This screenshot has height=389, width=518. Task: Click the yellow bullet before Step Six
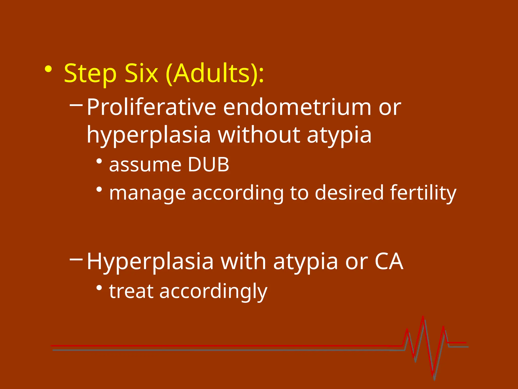click(48, 69)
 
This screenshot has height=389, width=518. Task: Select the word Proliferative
click(151, 107)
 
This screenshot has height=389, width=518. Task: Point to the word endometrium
click(297, 107)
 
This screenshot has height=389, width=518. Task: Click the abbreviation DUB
click(208, 165)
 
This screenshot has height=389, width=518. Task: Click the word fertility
click(423, 193)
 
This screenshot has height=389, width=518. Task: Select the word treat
click(131, 291)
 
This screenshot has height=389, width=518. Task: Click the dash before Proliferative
click(76, 104)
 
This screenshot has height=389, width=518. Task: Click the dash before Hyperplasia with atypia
click(76, 259)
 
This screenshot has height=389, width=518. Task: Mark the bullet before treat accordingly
click(99, 288)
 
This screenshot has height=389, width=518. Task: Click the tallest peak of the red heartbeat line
click(423, 317)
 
